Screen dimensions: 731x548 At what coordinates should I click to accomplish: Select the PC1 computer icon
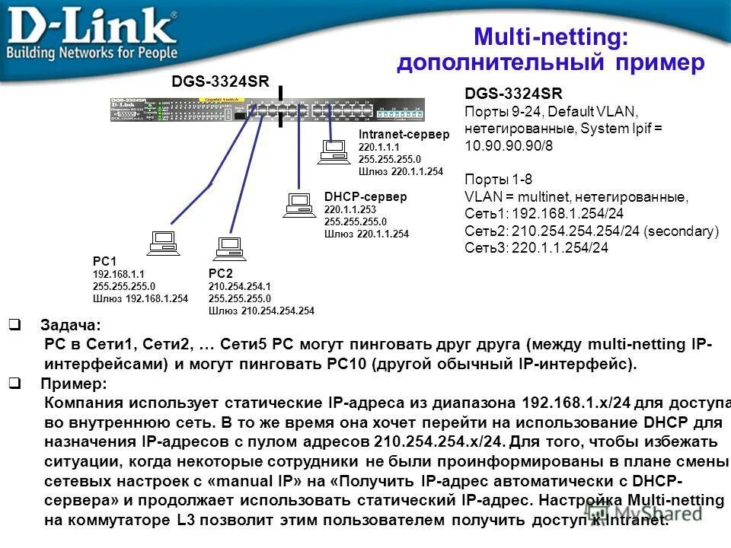163,242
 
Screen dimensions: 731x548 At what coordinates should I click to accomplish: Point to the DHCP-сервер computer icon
298,205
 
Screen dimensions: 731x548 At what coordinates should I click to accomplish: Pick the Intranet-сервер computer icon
332,151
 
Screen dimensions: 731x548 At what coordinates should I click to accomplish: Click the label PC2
220,273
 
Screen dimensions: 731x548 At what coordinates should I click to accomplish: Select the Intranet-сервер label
404,134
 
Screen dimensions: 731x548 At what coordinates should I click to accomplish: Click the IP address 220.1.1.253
350,209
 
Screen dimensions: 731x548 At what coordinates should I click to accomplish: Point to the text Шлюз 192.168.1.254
140,299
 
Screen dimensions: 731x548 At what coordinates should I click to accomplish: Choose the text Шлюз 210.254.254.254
261,310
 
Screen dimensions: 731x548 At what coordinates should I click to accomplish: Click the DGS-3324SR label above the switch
220,81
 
